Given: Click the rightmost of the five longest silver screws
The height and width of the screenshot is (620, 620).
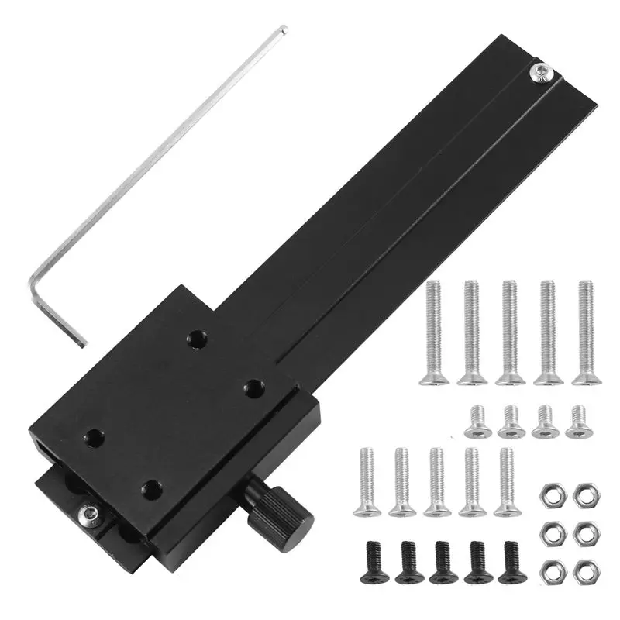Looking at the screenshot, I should tap(587, 333).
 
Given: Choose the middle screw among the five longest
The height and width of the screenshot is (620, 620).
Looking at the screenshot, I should tap(509, 333).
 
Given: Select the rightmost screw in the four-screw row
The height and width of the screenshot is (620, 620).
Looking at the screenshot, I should tap(576, 422).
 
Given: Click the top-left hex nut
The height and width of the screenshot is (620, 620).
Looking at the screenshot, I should tap(551, 492).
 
